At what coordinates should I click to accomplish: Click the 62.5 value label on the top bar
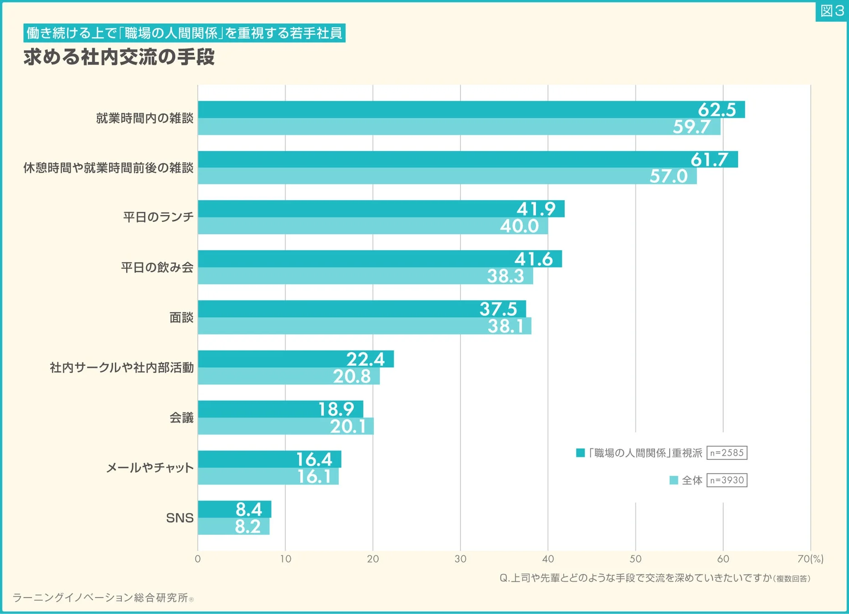click(716, 110)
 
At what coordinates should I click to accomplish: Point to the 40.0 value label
click(519, 226)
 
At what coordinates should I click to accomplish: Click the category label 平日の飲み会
click(157, 267)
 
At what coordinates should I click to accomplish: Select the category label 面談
click(181, 317)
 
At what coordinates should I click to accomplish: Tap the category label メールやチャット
click(150, 468)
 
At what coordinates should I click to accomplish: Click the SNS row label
click(180, 518)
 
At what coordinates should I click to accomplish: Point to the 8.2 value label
click(248, 527)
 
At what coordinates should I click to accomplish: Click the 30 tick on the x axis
click(460, 559)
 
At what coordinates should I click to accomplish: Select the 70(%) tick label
click(810, 559)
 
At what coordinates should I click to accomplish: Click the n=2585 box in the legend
click(726, 453)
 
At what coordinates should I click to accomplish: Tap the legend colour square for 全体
click(674, 480)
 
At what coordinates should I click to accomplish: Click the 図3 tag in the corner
click(832, 11)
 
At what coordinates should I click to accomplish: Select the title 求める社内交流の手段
click(119, 57)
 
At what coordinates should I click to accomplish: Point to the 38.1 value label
click(505, 326)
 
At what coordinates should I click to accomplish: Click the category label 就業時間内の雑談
click(144, 118)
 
